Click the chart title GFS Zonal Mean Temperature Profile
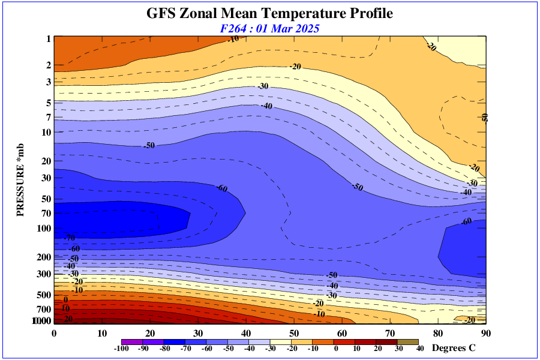[269, 13]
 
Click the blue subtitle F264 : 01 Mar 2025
[269, 28]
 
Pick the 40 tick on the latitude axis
[246, 333]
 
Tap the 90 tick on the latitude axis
[486, 333]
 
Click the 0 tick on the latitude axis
[54, 333]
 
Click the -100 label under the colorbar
[122, 349]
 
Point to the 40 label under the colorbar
[420, 349]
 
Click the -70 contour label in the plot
[70, 238]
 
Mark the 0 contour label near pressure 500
[66, 299]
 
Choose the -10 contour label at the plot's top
[233, 40]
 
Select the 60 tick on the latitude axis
[342, 333]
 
